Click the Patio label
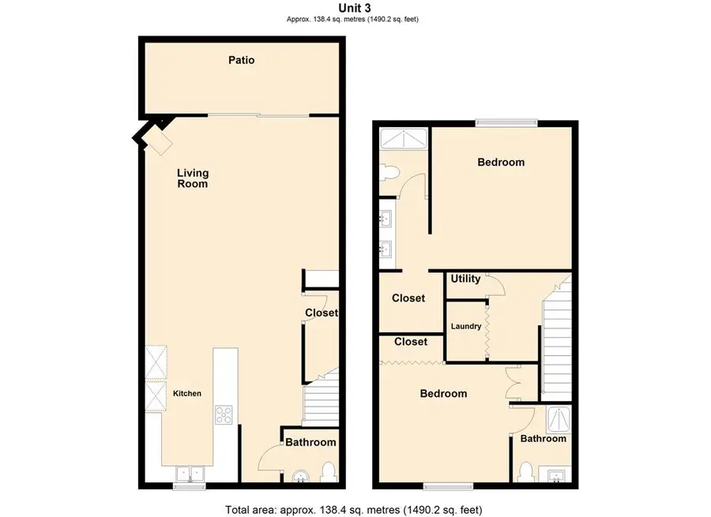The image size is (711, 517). point(242,60)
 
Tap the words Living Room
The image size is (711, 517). point(192,178)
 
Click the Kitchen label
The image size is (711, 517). point(187,394)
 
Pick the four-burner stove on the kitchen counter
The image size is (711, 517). point(224,414)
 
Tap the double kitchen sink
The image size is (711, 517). point(189,474)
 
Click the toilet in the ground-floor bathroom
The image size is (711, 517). point(329,473)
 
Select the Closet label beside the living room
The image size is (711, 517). point(322,313)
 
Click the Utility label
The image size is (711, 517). point(465,279)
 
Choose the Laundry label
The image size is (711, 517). point(466,326)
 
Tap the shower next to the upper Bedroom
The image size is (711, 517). point(403,139)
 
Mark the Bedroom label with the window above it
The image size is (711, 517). point(501,163)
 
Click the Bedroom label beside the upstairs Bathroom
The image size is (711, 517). point(443,394)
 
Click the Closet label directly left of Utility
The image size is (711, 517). point(408,298)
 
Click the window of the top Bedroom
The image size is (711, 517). point(506,122)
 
